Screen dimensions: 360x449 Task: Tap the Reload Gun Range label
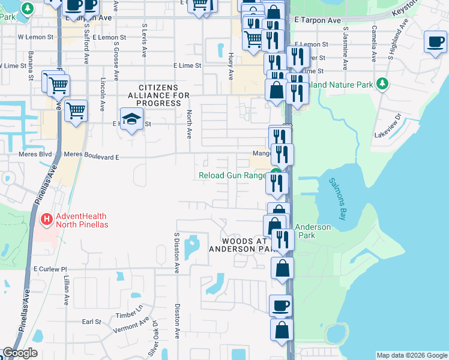pos(232,176)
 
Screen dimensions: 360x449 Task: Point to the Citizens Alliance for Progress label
pos(155,100)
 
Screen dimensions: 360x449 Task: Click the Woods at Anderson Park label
pos(240,244)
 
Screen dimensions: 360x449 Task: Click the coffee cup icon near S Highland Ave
pos(435,43)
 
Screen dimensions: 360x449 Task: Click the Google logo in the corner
pos(20,353)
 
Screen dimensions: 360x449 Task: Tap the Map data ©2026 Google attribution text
pos(411,355)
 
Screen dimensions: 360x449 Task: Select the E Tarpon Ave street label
pos(318,20)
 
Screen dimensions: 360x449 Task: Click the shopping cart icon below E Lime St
pos(76,111)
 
